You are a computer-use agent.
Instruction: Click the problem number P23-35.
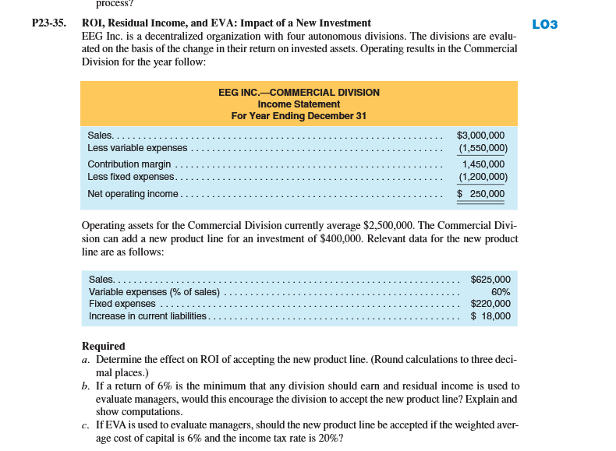49,23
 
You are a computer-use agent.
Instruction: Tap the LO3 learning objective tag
544,24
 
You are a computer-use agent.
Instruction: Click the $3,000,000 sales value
480,136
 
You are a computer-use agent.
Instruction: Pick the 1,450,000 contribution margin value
483,164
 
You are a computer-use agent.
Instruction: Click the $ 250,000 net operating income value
480,193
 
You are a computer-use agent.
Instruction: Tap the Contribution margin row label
129,164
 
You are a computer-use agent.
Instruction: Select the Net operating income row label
133,193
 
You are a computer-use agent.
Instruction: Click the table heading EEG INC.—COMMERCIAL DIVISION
299,92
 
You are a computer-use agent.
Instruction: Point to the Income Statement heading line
299,104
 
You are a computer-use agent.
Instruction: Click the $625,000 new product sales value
490,279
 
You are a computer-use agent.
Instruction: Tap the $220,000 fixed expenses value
490,304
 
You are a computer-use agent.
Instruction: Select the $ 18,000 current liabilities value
490,316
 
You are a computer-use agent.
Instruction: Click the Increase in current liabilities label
147,316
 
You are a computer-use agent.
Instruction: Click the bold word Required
103,346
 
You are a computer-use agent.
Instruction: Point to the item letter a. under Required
85,359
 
